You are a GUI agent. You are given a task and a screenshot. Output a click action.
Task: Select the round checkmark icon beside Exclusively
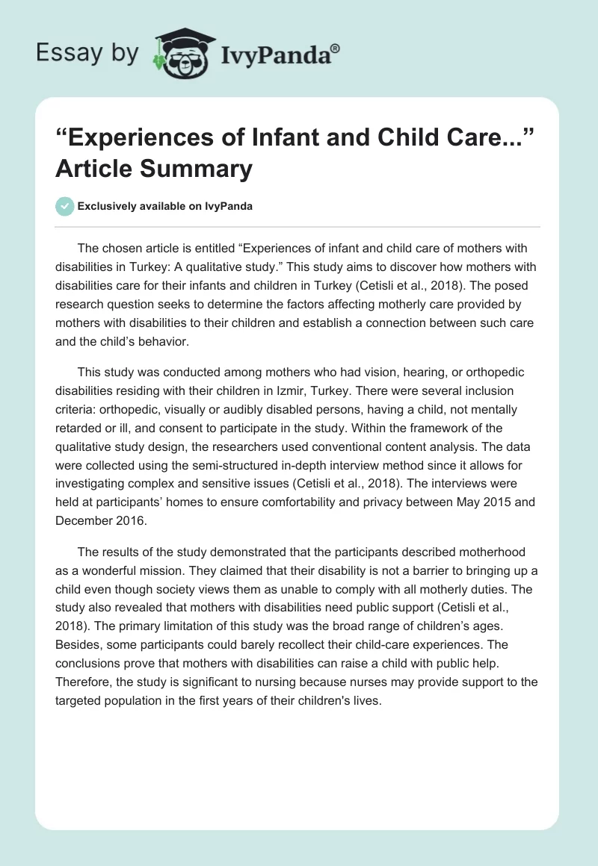65,206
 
